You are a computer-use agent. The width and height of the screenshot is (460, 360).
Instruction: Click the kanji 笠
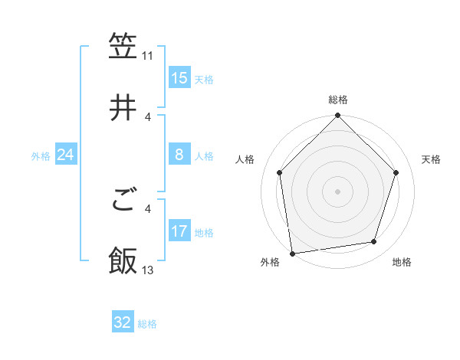tap(123, 47)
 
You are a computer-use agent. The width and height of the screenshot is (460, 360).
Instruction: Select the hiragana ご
tap(123, 202)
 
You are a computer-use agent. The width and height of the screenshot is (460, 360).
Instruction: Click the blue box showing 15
tap(179, 78)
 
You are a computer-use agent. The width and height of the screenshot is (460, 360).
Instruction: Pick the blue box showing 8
tap(179, 155)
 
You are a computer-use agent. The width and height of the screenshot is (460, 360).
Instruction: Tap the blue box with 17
tap(179, 231)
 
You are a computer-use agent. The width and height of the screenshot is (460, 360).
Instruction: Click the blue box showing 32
tap(123, 322)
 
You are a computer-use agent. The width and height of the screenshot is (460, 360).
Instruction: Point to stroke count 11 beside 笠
tap(147, 56)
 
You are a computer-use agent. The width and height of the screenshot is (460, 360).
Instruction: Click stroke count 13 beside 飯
tap(147, 270)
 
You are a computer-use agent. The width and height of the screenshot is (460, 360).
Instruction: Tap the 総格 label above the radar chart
tap(338, 100)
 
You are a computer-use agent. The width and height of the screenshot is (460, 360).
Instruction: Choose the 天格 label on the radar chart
tap(432, 159)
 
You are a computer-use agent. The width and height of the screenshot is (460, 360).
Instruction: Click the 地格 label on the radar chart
tap(402, 263)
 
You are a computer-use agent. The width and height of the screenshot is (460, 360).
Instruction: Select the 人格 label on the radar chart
tap(245, 159)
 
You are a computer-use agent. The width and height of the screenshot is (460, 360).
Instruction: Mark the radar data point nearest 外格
tap(292, 253)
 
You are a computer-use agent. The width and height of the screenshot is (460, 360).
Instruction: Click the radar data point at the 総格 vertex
tap(338, 116)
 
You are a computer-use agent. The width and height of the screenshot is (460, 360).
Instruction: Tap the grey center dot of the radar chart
tap(338, 191)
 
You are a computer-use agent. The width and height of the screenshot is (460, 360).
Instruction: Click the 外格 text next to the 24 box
tap(41, 156)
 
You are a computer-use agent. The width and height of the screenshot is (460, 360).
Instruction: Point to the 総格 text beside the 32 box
tap(147, 324)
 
